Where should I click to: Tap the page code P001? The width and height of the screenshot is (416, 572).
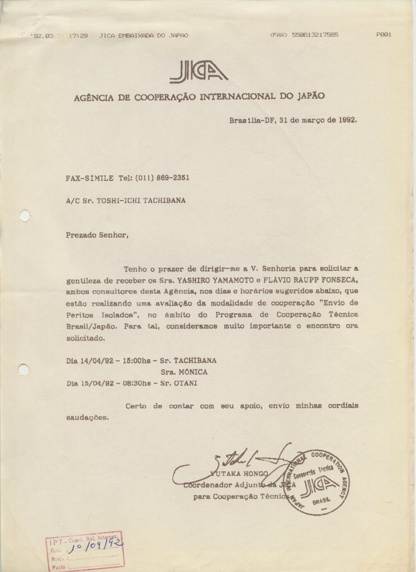click(384, 35)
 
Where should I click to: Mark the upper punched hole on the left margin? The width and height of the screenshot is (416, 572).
click(24, 215)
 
